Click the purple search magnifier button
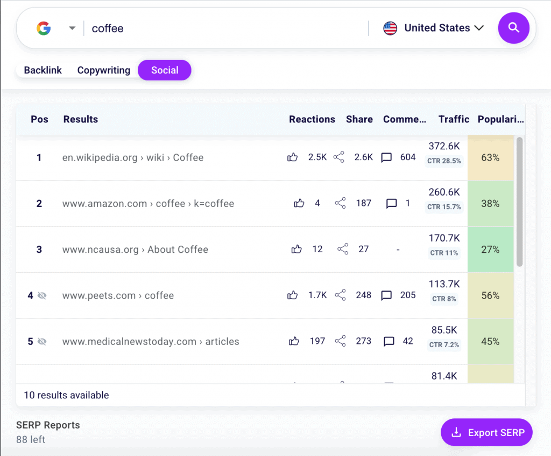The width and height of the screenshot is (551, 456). pyautogui.click(x=513, y=28)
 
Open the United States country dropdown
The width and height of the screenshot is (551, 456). pyautogui.click(x=434, y=28)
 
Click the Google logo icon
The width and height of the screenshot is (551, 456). pyautogui.click(x=44, y=29)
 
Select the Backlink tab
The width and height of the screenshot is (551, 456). pyautogui.click(x=43, y=70)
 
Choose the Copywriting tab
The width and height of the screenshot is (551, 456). pyautogui.click(x=103, y=70)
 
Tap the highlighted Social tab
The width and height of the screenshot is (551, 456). pyautogui.click(x=165, y=70)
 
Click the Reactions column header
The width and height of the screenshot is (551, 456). pyautogui.click(x=312, y=119)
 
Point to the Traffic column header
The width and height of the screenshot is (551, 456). pyautogui.click(x=454, y=119)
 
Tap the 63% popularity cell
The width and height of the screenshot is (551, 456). pyautogui.click(x=490, y=157)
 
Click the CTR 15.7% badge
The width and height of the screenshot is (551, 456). pyautogui.click(x=444, y=207)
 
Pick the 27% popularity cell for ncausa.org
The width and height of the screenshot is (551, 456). pyautogui.click(x=490, y=250)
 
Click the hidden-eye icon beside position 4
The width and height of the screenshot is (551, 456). pyautogui.click(x=42, y=295)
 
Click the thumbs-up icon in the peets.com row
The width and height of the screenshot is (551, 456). pyautogui.click(x=293, y=295)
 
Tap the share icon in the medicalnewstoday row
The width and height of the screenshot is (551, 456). pyautogui.click(x=340, y=341)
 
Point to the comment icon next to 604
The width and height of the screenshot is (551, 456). pyautogui.click(x=386, y=157)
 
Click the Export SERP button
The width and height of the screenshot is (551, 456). pyautogui.click(x=486, y=432)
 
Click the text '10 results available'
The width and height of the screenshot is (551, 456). pyautogui.click(x=66, y=395)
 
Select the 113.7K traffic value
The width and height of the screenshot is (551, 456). pyautogui.click(x=444, y=284)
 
